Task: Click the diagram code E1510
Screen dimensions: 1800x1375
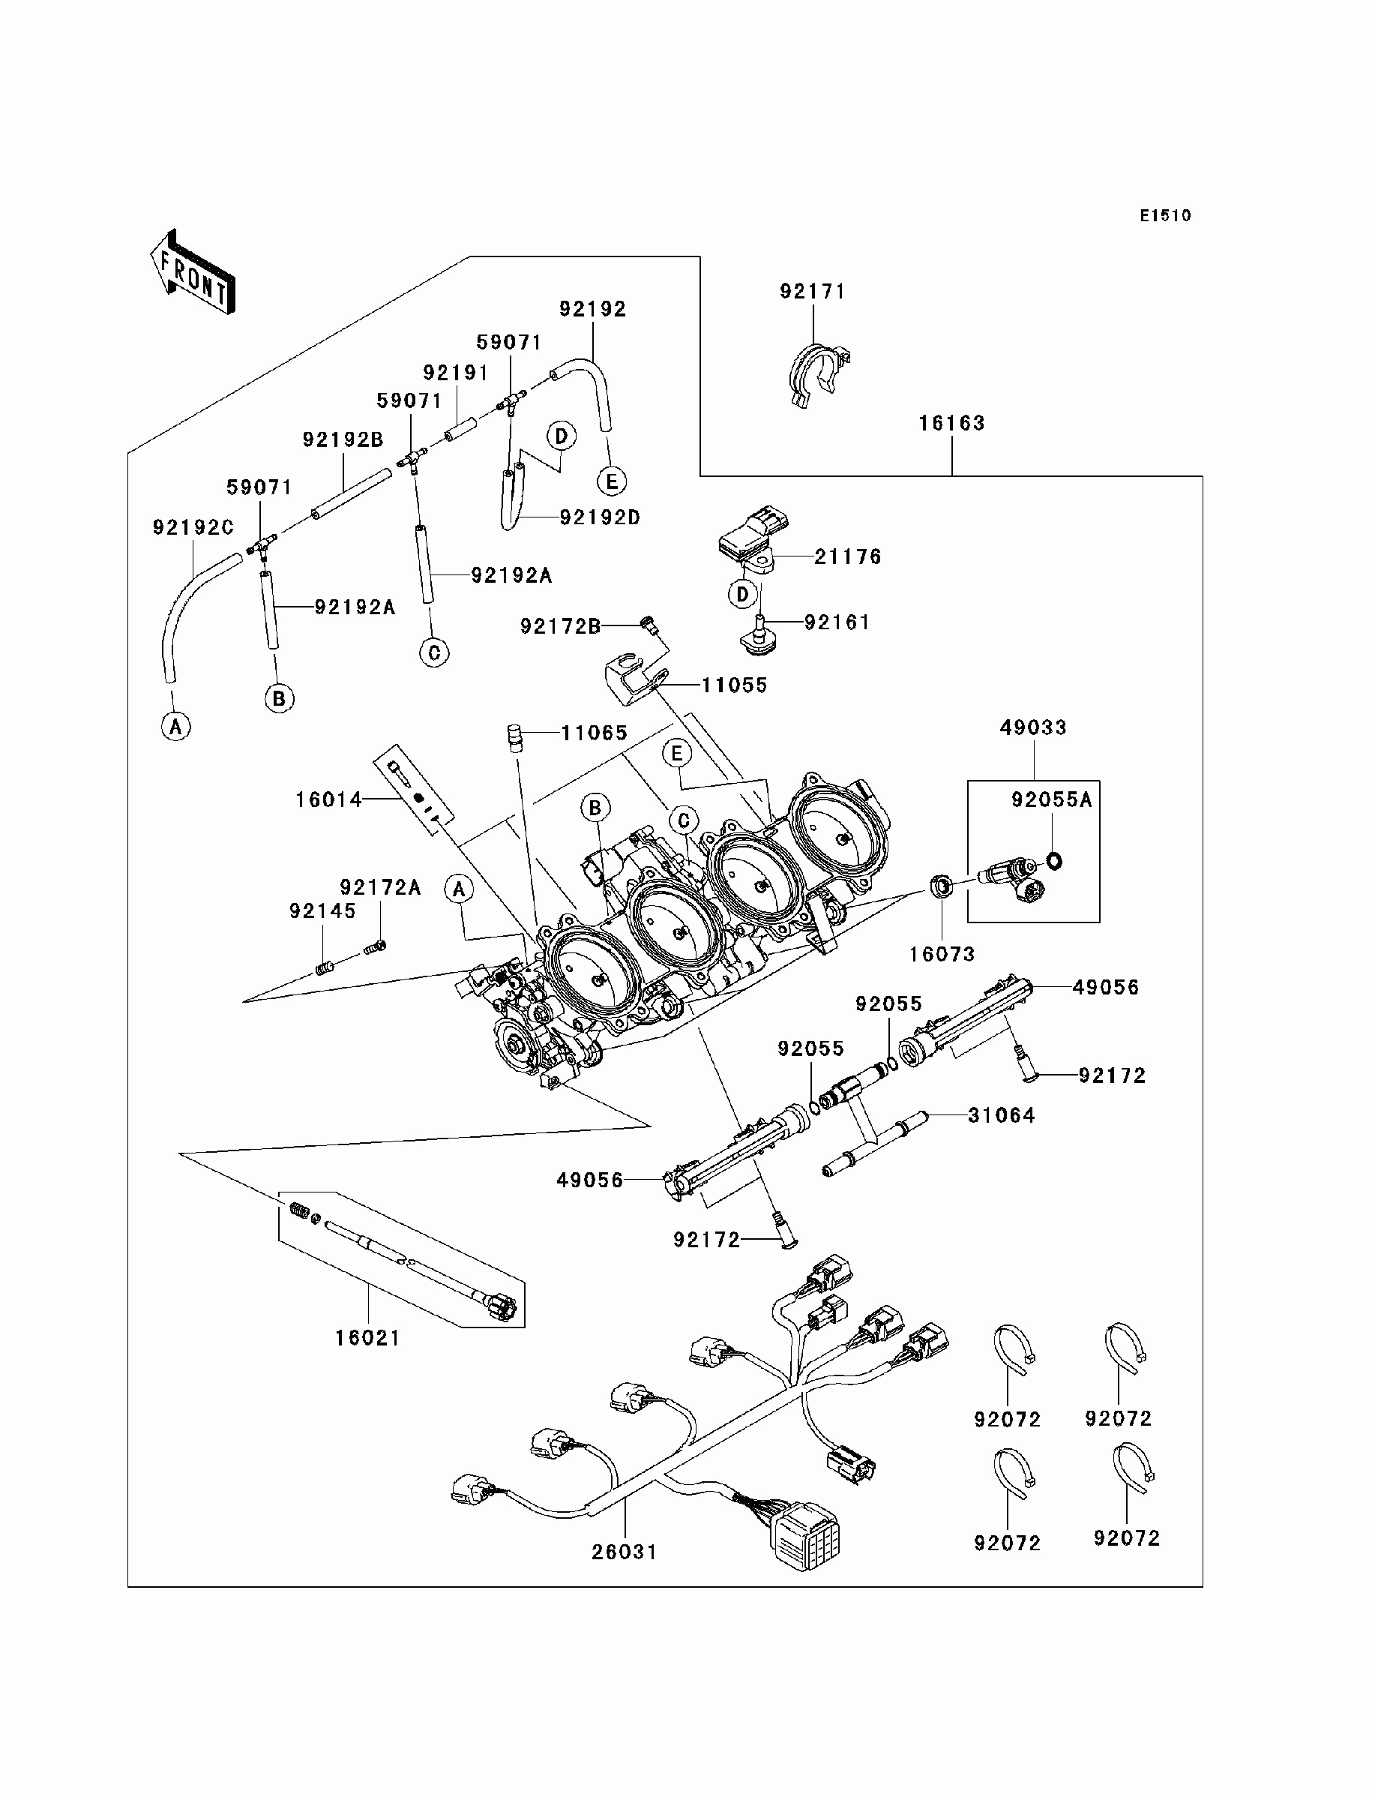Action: click(x=1166, y=215)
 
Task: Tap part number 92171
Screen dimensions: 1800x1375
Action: click(x=812, y=292)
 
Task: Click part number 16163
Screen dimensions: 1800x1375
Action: click(x=951, y=423)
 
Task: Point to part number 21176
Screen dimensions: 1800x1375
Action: click(x=848, y=556)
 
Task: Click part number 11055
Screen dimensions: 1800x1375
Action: click(x=734, y=685)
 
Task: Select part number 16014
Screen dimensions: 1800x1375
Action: click(x=329, y=799)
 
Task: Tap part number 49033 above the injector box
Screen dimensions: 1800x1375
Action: click(x=1033, y=727)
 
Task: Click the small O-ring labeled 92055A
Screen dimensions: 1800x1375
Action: click(x=1054, y=860)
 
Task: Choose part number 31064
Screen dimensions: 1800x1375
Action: click(x=1001, y=1114)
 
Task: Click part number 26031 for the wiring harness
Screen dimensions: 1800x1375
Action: click(x=625, y=1552)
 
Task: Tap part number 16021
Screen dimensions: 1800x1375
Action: click(x=367, y=1338)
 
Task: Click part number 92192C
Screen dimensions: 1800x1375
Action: click(x=193, y=528)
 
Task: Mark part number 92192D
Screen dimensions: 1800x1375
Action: click(x=600, y=517)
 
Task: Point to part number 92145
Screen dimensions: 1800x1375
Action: click(x=322, y=911)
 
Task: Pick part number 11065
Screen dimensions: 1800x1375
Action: click(x=595, y=733)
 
